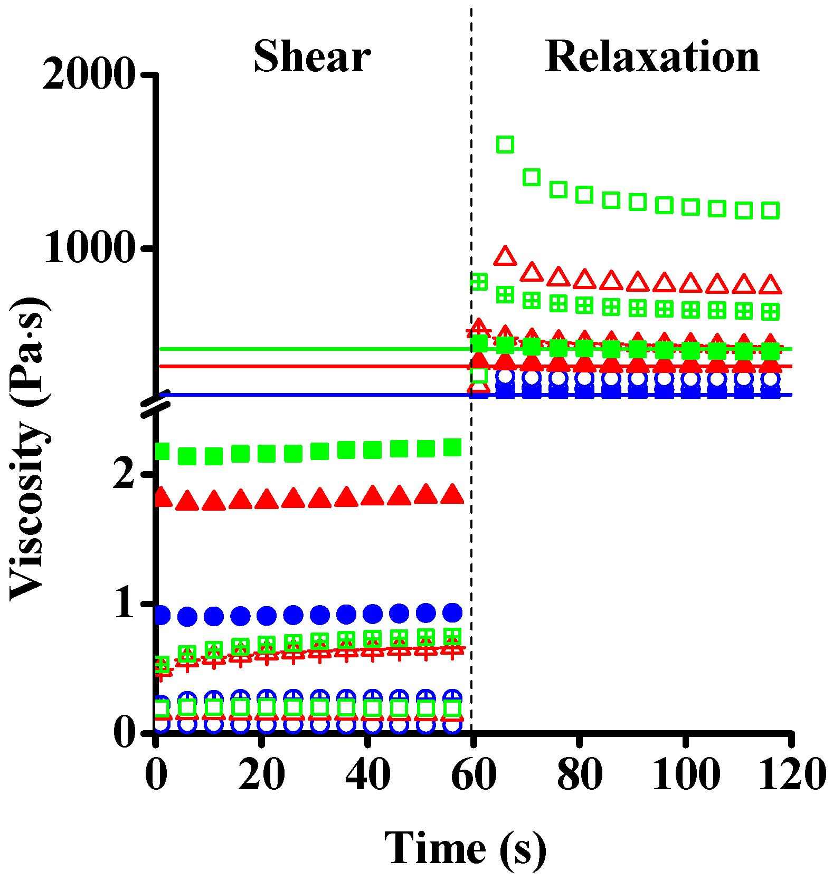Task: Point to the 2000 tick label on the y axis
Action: click(88, 74)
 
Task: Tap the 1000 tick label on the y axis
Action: click(88, 248)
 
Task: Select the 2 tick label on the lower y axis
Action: click(125, 473)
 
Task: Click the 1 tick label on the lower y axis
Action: click(125, 602)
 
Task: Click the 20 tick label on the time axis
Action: click(261, 774)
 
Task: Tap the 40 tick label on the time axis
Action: click(367, 774)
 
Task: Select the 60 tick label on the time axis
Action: click(474, 774)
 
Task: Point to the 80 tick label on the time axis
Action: click(580, 774)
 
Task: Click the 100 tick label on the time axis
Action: click(686, 774)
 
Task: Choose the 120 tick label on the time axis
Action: click(791, 774)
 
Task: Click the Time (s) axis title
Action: click(465, 848)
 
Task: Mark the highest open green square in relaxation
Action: click(505, 144)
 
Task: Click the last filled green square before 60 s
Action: click(452, 447)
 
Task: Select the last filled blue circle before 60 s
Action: click(452, 612)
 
